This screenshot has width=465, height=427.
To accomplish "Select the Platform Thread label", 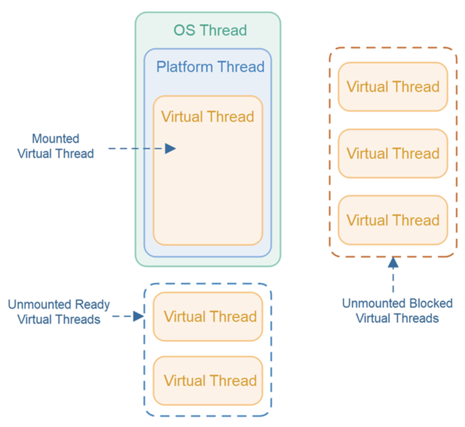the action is coord(210,67).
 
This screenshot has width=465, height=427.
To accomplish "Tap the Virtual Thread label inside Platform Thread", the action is coord(208,117).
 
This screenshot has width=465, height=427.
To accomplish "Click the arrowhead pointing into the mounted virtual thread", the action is coord(170,148).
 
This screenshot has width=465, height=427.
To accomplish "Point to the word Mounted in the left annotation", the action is coord(56,138).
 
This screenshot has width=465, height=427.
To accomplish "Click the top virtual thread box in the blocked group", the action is coord(393,87).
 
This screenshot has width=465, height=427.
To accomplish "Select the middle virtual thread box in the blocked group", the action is coord(393,153).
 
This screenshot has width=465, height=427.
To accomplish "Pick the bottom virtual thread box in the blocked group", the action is coord(393,220).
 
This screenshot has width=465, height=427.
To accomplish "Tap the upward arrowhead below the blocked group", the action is coord(393,262).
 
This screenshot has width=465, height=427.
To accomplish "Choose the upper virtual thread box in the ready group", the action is coord(208,316).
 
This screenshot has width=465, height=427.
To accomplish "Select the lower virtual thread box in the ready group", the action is coord(208,381).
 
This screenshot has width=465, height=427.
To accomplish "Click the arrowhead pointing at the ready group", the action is coord(138,316).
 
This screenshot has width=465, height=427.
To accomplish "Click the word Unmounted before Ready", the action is coord(40,304).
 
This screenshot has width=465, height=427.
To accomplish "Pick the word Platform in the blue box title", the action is coord(185,67).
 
